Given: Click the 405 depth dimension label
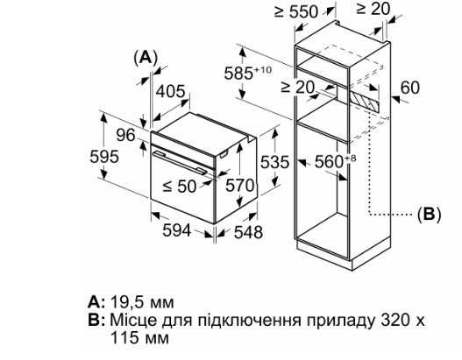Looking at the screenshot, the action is [x=170, y=91].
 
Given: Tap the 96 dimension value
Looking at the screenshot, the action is [x=125, y=136].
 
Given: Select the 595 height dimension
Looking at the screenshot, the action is [x=104, y=157].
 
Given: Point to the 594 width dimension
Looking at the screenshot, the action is [x=177, y=230].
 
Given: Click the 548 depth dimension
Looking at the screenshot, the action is [x=248, y=232].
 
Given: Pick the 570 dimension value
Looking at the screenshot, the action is [x=240, y=186].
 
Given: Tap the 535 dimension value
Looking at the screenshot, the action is [x=274, y=162].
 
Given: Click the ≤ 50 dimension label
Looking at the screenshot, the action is [x=180, y=186].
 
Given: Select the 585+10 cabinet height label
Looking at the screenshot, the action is [x=248, y=73].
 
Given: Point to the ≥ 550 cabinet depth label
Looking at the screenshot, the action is [x=296, y=11].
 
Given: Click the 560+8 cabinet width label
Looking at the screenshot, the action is [x=335, y=161].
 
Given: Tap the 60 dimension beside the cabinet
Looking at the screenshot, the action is [x=410, y=88].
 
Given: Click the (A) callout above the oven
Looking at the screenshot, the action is [x=146, y=58].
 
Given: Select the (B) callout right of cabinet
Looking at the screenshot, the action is [x=430, y=215].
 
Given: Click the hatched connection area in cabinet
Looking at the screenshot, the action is [x=364, y=102].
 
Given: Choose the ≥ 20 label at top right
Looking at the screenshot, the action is [x=373, y=9].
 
